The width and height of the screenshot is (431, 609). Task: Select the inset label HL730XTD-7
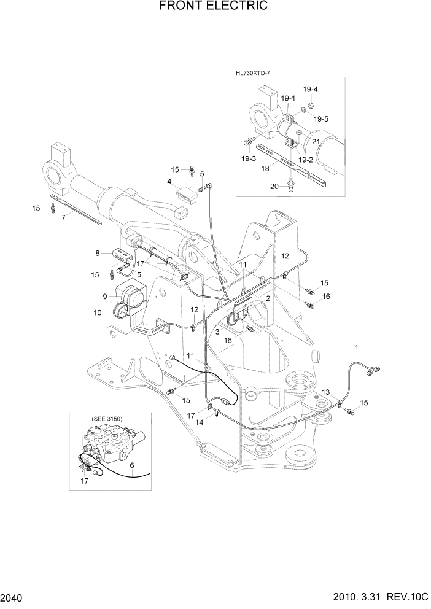coord(254,73)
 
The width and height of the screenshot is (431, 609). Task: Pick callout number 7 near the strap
coord(63,217)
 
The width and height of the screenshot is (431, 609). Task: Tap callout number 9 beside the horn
coord(104,297)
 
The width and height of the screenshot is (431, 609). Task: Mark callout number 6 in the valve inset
coord(132,465)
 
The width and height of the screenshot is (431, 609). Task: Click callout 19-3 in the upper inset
coord(249,158)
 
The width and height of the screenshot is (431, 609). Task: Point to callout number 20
coord(274,185)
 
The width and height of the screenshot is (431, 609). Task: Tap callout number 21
coord(316,142)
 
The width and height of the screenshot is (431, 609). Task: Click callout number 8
coord(97,252)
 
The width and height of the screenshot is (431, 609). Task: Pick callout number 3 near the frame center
coord(217,332)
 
